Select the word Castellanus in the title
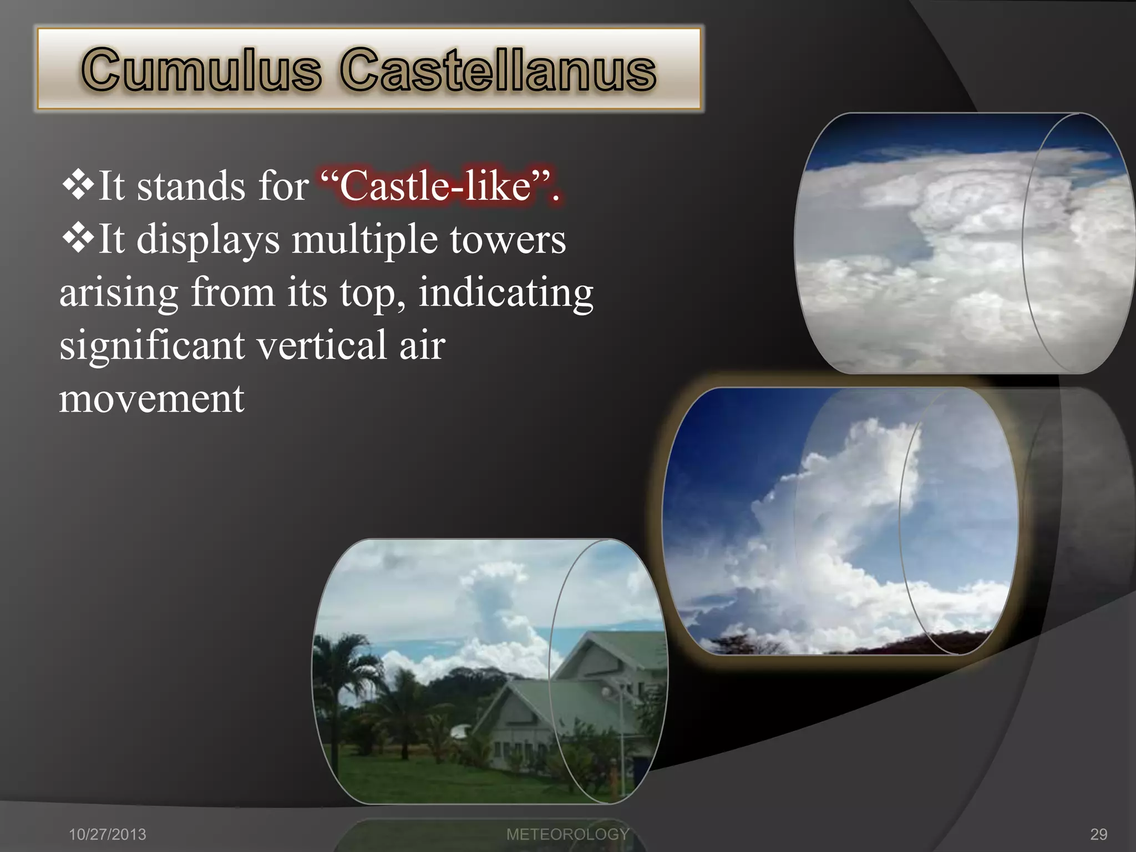[x=498, y=70]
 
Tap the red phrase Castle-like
[x=437, y=186]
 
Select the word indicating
[x=505, y=292]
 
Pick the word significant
[x=152, y=345]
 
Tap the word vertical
[x=322, y=345]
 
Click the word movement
[x=151, y=398]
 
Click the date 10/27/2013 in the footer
[x=107, y=834]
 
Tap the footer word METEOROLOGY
[x=567, y=834]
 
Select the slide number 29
[x=1099, y=834]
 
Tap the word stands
[x=190, y=186]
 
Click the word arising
[x=119, y=292]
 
